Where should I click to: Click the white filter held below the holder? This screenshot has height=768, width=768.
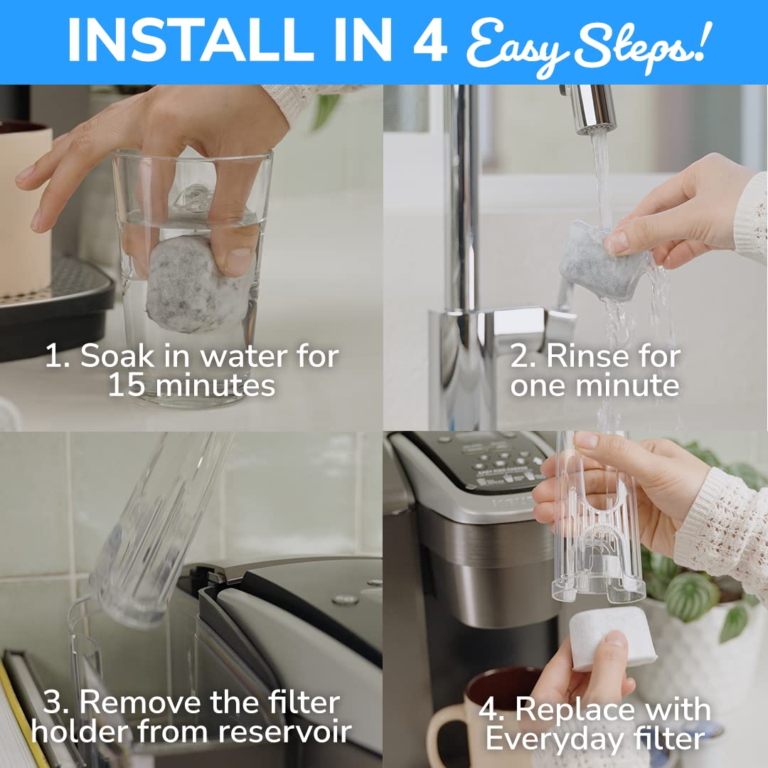click(x=611, y=636)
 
